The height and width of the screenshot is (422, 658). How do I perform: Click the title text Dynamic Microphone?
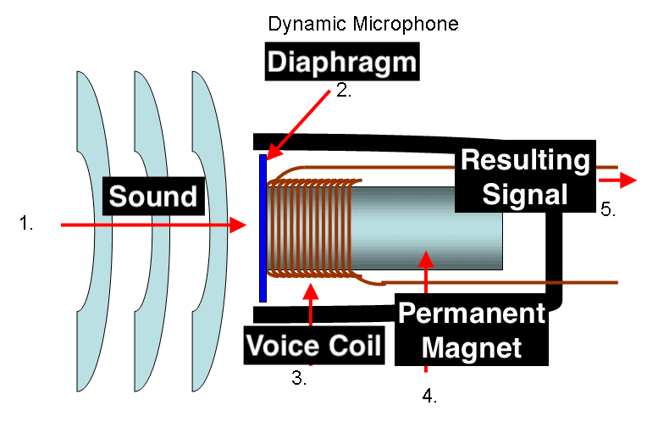point(362,24)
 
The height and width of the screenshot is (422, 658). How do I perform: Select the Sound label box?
point(153,197)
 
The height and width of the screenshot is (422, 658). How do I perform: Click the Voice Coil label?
point(312,346)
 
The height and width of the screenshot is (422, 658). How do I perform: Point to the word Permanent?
point(472,314)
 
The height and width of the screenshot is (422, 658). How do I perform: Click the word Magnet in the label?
point(471,347)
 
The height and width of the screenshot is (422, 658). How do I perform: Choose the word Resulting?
point(525,160)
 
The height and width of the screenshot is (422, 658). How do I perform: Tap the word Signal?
point(524,194)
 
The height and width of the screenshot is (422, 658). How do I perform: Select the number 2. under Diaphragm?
point(343,92)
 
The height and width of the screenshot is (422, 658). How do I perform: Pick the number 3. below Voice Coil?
point(299,378)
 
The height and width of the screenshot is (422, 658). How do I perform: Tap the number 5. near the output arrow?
point(607,209)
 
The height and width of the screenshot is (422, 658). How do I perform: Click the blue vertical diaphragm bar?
point(263,228)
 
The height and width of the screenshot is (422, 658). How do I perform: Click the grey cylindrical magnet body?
point(423,229)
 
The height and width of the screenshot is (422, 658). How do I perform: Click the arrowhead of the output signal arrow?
point(628,180)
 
